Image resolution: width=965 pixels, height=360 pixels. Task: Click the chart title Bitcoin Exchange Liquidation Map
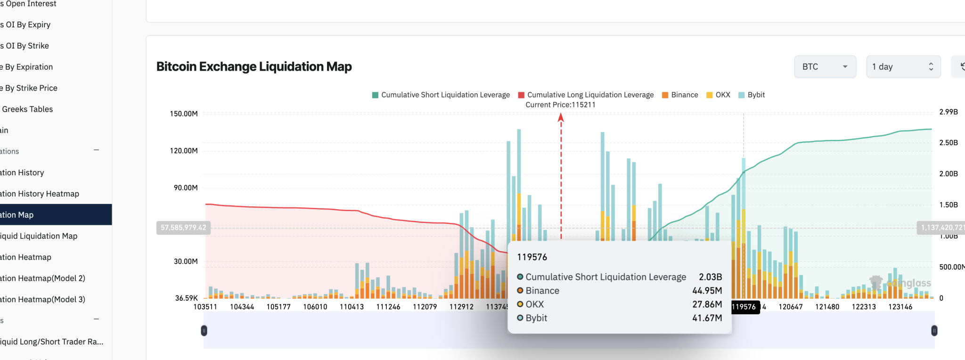(254, 66)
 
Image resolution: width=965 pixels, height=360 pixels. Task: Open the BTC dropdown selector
(825, 67)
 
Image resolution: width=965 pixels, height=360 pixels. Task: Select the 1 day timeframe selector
(902, 67)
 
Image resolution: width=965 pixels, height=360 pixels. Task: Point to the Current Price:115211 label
(560, 105)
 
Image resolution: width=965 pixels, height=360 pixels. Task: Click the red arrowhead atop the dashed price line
(561, 117)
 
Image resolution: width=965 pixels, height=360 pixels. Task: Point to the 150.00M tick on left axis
(184, 114)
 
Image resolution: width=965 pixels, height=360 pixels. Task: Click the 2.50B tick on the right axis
(948, 143)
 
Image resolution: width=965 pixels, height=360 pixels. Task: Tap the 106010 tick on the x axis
(315, 307)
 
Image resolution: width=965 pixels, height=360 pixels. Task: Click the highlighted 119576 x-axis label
(744, 307)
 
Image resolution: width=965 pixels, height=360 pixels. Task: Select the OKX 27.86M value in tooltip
(707, 304)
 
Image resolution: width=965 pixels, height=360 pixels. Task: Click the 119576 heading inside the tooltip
(532, 257)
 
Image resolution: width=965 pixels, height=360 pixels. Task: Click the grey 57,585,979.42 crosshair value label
(183, 228)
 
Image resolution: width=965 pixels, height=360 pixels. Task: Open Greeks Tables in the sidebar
(27, 109)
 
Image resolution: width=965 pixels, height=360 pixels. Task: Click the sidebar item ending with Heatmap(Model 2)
(42, 278)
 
